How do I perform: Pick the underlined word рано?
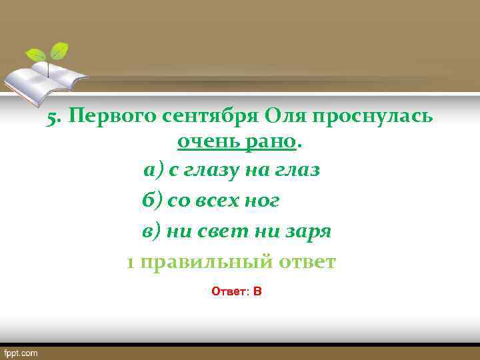(269, 141)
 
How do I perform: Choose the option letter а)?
(153, 170)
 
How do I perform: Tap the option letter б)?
(152, 201)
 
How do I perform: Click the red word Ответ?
(227, 291)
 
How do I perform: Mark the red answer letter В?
(257, 291)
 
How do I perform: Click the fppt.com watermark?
(22, 353)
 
